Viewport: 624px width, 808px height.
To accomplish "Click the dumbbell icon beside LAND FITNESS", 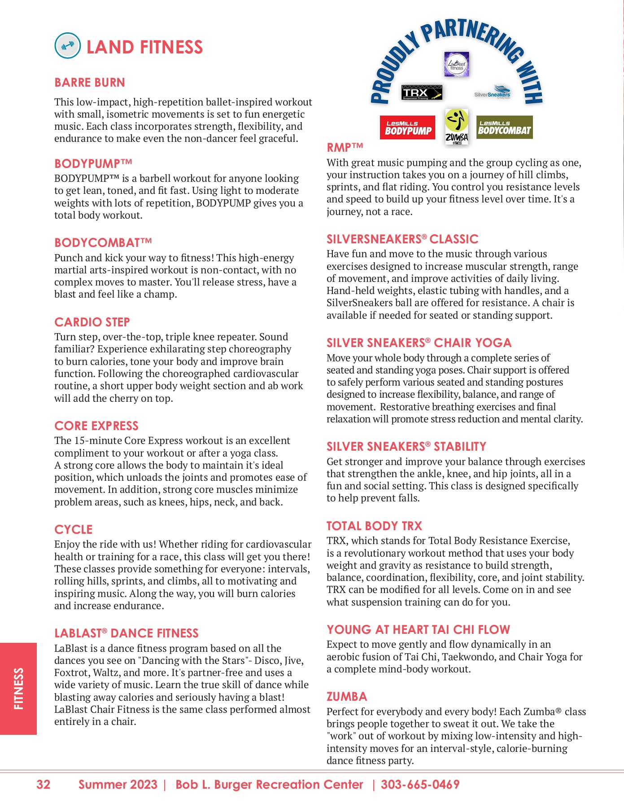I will [x=67, y=46].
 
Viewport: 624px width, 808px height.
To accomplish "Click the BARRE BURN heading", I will [x=90, y=83].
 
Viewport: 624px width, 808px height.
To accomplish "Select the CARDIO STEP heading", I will [x=92, y=322].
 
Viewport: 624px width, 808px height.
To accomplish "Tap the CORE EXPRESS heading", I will [x=96, y=426].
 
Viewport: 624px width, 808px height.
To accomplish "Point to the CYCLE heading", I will [x=73, y=529].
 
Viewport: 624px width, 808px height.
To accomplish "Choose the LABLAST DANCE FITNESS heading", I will [x=126, y=633].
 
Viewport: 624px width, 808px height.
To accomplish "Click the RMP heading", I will [x=345, y=147].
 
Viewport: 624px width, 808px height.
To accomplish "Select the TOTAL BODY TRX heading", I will [x=374, y=526].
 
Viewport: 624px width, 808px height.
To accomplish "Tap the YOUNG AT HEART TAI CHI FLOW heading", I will [x=418, y=629].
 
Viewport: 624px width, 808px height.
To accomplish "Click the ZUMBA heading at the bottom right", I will [x=346, y=696].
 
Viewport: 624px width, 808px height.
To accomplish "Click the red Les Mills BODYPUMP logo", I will [x=407, y=127].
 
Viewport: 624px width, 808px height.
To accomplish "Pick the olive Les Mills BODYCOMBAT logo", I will [x=504, y=127].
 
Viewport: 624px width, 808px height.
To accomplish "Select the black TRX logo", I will [x=422, y=92].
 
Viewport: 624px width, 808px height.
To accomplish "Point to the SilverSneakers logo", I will [x=493, y=92].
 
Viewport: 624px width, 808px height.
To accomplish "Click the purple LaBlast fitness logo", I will [x=457, y=64].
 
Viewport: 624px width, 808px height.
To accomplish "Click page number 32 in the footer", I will [x=43, y=784].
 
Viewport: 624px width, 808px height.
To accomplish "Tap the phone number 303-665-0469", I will [x=420, y=784].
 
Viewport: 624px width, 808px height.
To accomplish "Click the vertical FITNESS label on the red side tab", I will [x=18, y=689].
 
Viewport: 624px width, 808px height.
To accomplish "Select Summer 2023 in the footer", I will [x=118, y=784].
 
